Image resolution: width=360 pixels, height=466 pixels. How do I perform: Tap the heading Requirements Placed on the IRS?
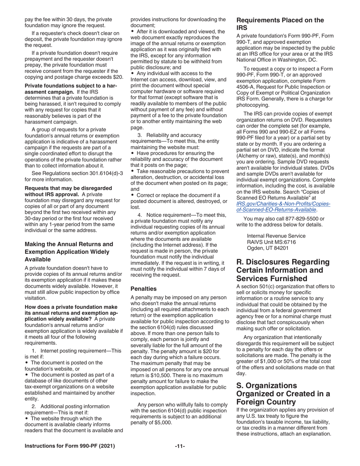click(280, 24)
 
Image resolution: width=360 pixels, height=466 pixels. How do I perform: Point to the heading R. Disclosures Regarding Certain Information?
click(283, 270)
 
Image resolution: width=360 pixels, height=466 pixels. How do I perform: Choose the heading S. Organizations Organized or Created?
click(283, 394)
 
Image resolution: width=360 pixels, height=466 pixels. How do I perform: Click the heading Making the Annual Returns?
click(69, 252)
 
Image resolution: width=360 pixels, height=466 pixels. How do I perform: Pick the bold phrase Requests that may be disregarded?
click(68, 188)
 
